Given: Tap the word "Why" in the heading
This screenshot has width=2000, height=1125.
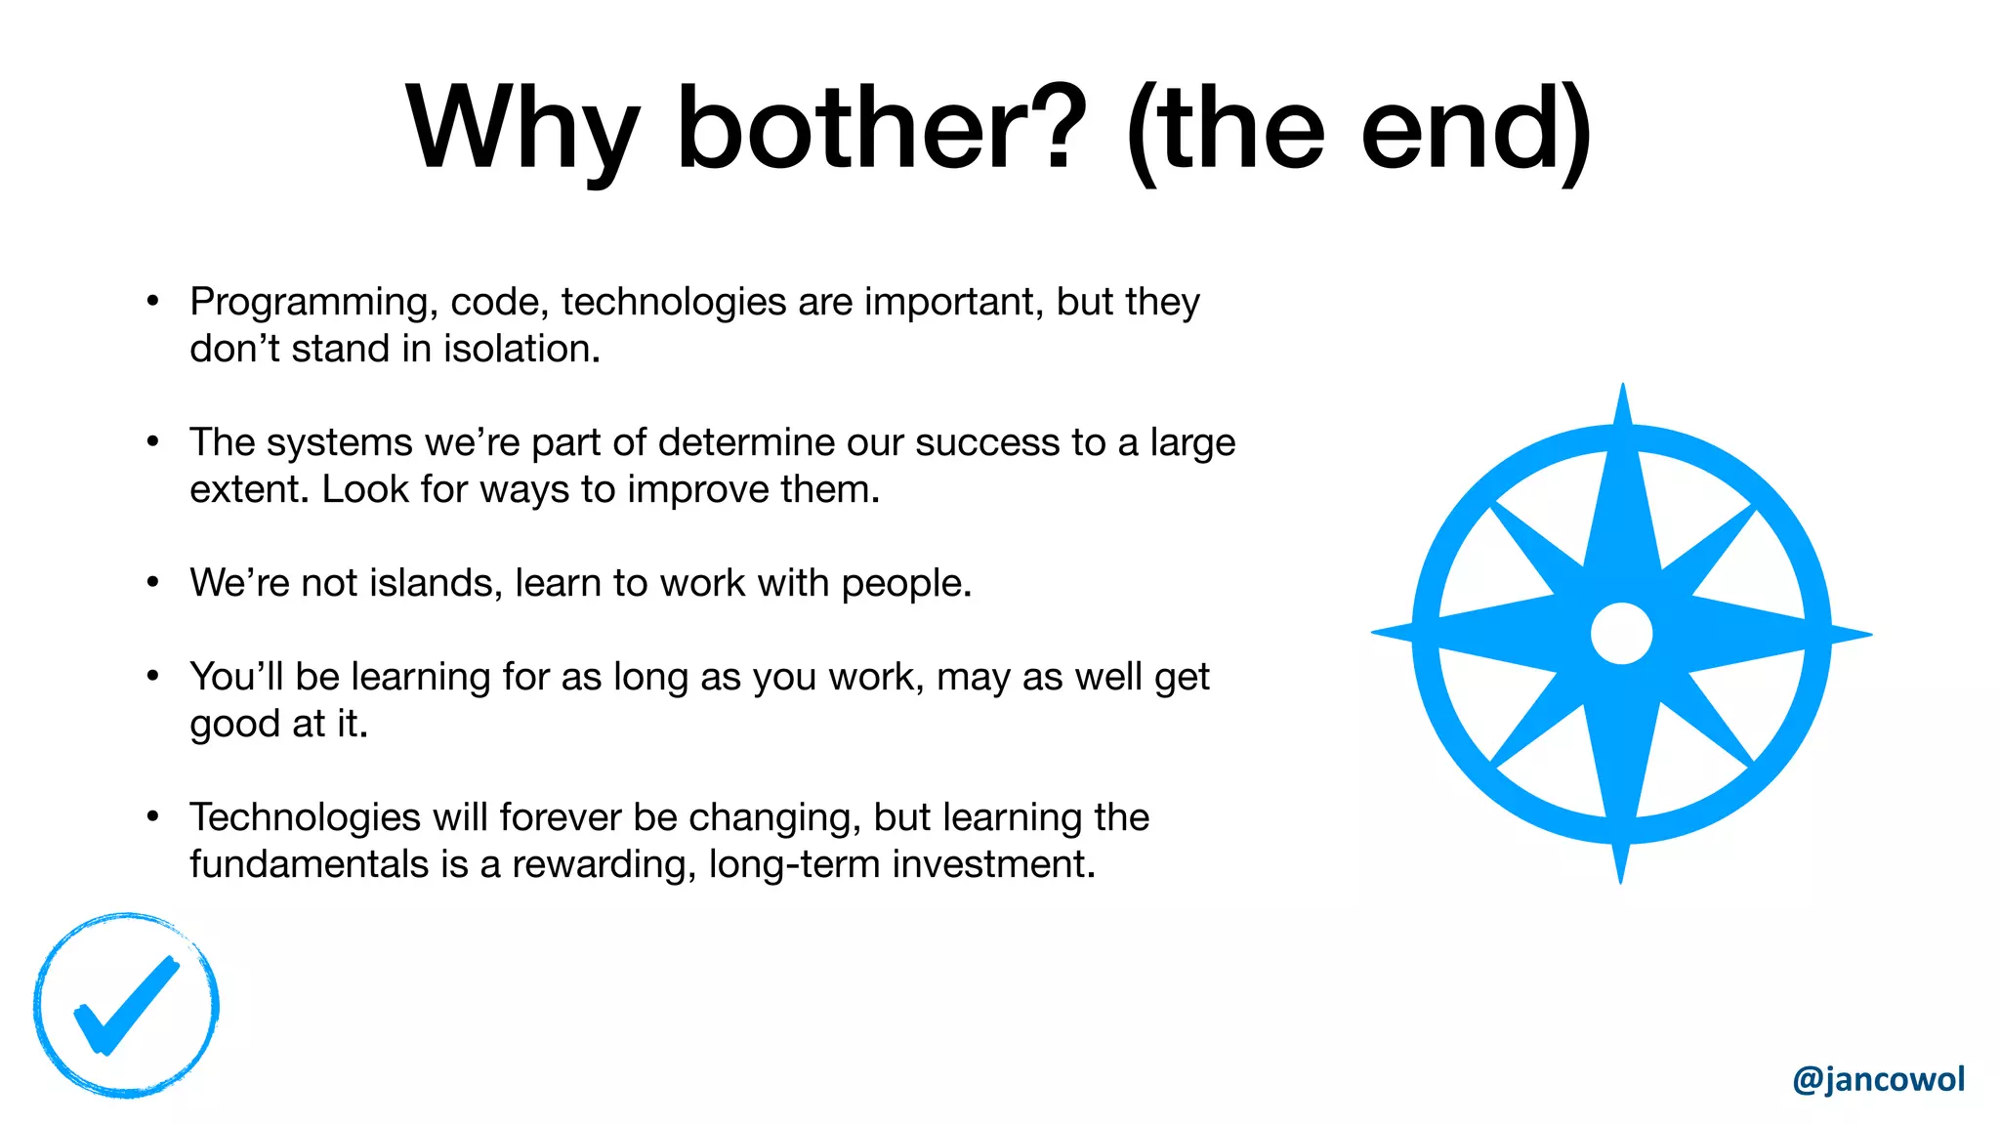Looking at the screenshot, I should [x=523, y=129].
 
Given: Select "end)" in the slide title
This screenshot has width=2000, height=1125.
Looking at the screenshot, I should [x=1475, y=129].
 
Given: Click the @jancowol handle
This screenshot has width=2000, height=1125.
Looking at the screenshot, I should [x=1878, y=1079].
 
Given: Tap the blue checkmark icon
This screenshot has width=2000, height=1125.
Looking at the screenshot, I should [x=126, y=1006].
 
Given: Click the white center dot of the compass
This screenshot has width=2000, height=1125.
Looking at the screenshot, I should [x=1621, y=633].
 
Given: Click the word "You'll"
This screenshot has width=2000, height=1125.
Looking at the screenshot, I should [x=236, y=677].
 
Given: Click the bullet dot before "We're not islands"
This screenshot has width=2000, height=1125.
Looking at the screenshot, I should [x=152, y=583].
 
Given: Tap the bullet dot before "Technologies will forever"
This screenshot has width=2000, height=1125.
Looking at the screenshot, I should [x=152, y=816].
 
